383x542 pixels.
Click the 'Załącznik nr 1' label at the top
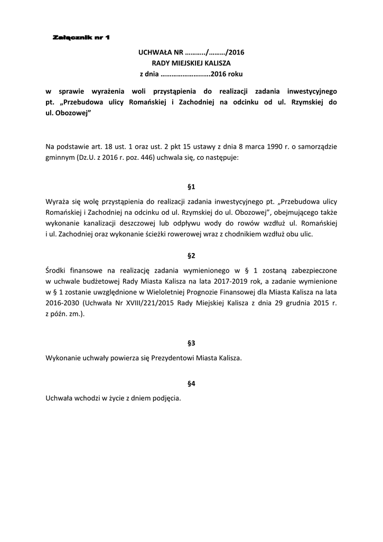tap(81, 38)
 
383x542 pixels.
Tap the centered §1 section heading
tap(191, 187)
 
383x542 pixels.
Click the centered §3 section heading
tap(191, 343)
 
